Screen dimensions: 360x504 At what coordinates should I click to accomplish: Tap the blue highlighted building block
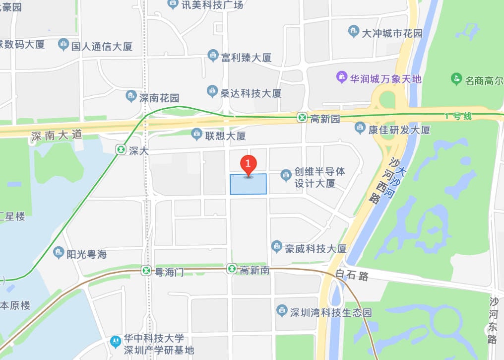[248, 185]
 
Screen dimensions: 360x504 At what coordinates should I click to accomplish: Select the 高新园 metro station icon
[302, 118]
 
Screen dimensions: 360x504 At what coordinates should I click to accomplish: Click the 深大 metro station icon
[121, 149]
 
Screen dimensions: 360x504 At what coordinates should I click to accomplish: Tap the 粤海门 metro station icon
[146, 270]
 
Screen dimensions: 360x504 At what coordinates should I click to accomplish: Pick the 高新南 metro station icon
[232, 269]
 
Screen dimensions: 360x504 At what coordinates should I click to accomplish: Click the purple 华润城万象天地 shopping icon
[341, 77]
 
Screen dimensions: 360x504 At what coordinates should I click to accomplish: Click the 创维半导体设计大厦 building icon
[286, 174]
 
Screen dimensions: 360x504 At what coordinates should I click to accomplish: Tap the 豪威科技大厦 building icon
[277, 246]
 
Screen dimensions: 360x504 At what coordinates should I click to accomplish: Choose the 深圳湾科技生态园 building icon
[282, 311]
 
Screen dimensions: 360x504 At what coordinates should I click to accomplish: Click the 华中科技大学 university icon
[116, 341]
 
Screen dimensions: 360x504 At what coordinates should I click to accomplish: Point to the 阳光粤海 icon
[59, 253]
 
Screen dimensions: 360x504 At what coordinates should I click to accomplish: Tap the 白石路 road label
[352, 275]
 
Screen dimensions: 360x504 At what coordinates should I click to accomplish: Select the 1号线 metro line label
[458, 116]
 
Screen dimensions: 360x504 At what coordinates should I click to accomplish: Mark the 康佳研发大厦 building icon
[360, 129]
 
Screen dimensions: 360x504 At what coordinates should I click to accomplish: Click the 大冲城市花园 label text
[392, 33]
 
